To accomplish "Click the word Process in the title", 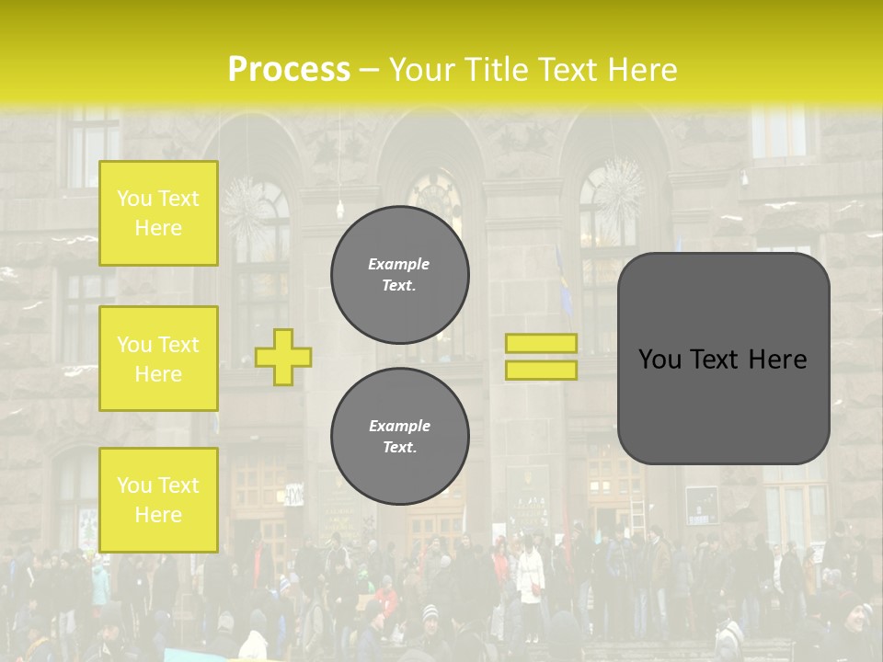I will click(289, 70).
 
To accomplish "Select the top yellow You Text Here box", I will click(158, 213).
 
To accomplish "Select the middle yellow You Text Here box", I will click(158, 359).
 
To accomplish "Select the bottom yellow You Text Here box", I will click(158, 500).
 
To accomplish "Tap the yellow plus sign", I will click(283, 357).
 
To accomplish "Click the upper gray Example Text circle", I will click(400, 275).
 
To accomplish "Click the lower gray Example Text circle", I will click(400, 437).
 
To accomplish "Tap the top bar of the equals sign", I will click(541, 343).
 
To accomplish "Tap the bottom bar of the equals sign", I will click(541, 370).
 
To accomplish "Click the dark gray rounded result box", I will click(723, 405).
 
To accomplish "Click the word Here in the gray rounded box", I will click(777, 360).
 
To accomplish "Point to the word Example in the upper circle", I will click(399, 264).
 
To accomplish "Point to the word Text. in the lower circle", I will click(399, 448).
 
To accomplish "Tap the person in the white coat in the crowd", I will click(531, 574).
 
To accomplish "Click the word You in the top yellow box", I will click(134, 199).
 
